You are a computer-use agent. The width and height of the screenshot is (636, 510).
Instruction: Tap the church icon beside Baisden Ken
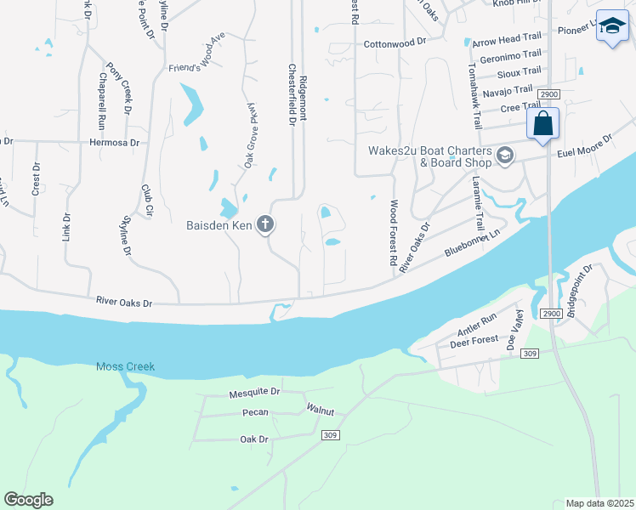[265, 225]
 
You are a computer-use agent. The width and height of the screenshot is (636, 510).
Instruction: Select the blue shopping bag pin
[542, 124]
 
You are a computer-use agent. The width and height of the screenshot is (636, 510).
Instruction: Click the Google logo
[28, 500]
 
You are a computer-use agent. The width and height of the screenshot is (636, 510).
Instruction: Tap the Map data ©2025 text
[599, 503]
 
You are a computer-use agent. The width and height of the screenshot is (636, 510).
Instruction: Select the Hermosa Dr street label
[114, 143]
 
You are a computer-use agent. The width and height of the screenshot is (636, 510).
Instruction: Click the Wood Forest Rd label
[394, 235]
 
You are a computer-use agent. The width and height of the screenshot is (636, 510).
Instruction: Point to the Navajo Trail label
[507, 89]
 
